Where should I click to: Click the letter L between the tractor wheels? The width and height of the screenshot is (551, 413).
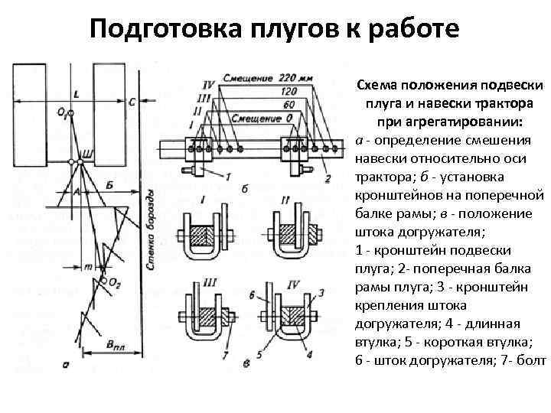(76, 94)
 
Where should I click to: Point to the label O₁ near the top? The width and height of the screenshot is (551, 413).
(60, 112)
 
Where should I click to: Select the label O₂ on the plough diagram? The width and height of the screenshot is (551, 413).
(115, 283)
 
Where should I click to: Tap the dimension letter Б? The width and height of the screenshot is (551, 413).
(109, 184)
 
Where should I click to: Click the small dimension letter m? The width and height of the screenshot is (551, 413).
(87, 266)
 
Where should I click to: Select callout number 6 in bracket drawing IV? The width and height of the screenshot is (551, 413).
(252, 294)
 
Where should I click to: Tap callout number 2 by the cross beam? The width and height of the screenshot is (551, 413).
(328, 179)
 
